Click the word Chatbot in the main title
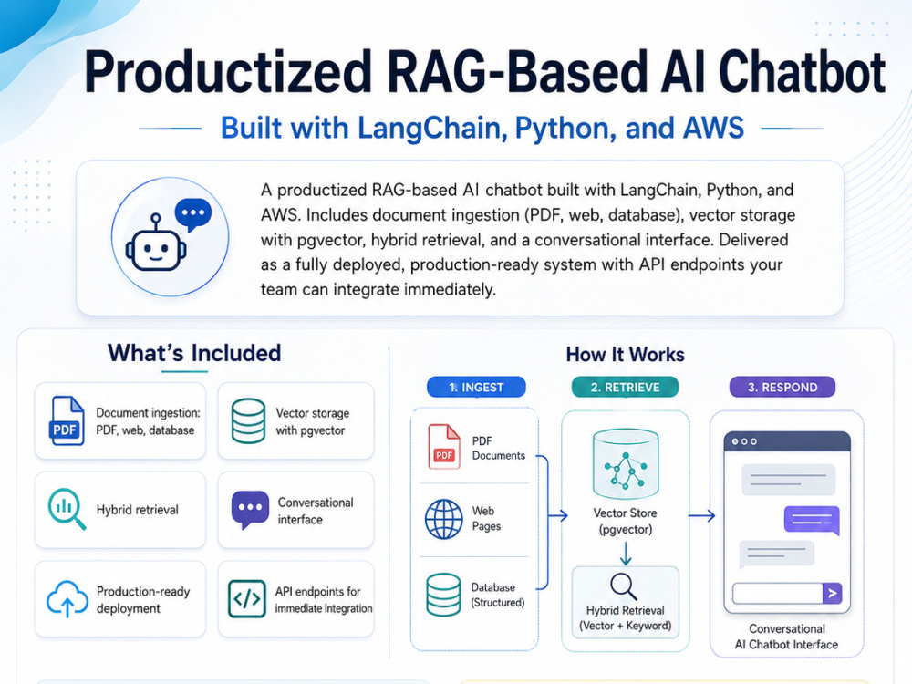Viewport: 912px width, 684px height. [x=802, y=72]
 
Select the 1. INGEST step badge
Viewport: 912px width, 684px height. [x=476, y=388]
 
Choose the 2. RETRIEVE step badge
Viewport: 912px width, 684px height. [x=626, y=388]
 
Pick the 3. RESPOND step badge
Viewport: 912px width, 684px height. [x=782, y=388]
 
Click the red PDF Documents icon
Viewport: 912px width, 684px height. [x=444, y=447]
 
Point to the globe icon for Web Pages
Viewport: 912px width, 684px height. [x=444, y=519]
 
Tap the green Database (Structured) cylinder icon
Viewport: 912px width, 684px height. [x=443, y=595]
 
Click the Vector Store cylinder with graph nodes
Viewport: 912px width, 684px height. [x=626, y=464]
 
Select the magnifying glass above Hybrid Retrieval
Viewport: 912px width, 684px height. [x=624, y=586]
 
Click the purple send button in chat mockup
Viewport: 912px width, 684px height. [x=833, y=594]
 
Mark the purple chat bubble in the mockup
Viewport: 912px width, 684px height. [x=812, y=520]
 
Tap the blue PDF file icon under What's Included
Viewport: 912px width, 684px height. [x=67, y=421]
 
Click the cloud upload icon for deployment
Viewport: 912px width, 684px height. [x=67, y=598]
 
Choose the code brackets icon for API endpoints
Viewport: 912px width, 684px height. [x=247, y=598]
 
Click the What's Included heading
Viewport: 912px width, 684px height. [x=194, y=353]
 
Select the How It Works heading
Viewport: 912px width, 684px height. [x=626, y=354]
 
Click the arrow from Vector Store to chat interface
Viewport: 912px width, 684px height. [x=701, y=515]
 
